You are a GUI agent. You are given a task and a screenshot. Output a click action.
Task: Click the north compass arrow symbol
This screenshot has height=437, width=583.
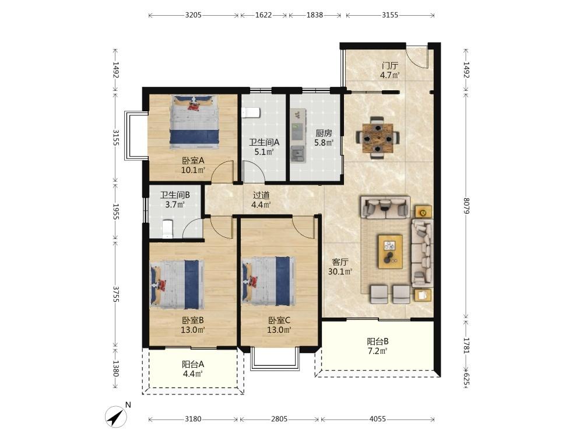(117, 417)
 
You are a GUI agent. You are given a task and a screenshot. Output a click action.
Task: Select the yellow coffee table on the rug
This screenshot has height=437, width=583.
(390, 251)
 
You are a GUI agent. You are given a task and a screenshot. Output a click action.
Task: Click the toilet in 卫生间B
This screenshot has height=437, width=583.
(168, 229)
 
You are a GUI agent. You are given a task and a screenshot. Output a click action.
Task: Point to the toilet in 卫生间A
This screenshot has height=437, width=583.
(250, 112)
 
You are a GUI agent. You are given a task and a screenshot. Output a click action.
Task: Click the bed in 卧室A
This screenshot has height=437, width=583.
(194, 122)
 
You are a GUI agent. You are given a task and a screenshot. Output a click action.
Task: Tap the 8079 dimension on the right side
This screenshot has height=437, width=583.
(466, 206)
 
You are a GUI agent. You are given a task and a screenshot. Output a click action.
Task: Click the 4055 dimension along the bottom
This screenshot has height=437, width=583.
(377, 419)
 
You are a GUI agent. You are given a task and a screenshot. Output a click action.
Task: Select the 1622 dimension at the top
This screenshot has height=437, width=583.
(264, 15)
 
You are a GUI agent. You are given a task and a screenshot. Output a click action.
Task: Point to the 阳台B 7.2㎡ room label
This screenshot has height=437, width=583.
(378, 346)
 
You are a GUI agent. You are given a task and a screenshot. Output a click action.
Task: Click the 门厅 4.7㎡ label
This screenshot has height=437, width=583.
(389, 71)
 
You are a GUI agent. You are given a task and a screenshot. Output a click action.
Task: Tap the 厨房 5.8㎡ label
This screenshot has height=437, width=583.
(324, 138)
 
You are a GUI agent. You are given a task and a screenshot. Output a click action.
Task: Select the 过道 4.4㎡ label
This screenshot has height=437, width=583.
(261, 200)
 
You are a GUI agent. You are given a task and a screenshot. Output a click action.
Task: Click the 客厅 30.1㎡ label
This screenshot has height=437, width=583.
(340, 267)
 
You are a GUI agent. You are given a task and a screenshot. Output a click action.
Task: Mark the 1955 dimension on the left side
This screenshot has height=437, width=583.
(115, 212)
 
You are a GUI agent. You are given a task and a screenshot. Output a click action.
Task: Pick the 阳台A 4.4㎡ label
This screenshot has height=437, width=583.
(192, 369)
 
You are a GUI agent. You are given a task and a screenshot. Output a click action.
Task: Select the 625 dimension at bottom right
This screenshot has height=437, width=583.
(466, 380)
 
